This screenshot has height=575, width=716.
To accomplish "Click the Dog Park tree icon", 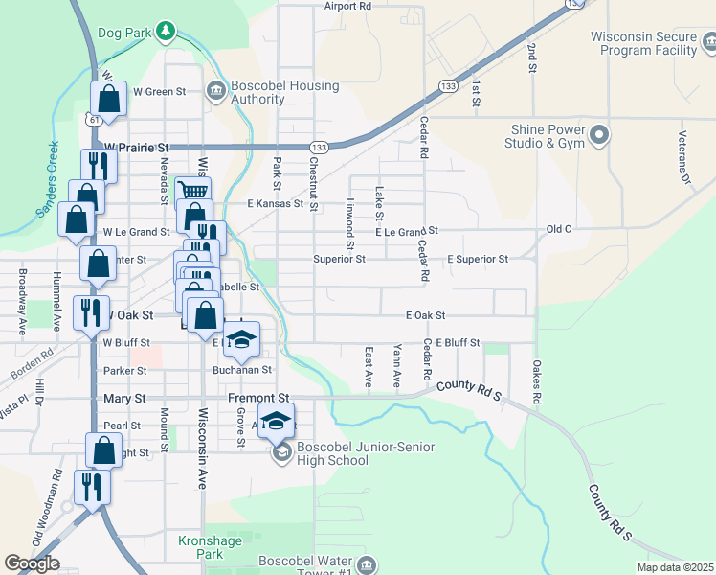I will pos(166,32).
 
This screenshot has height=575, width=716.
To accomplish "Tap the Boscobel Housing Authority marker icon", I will pos(216,91).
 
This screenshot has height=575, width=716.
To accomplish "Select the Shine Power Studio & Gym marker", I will pos(600,135).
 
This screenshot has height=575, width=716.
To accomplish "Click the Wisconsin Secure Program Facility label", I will pos(642,43).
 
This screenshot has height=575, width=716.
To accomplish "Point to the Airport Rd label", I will pos(347,6).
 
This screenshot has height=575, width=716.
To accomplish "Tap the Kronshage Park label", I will pos(201,547).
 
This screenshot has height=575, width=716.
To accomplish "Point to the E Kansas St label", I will pos(275,203).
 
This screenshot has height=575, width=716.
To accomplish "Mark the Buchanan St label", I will pos(242,369).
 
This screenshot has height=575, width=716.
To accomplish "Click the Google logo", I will pos(32,563).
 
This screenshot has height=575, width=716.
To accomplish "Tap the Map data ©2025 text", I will pos(675,567).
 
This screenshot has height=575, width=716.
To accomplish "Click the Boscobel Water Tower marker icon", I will pos(364,565).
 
